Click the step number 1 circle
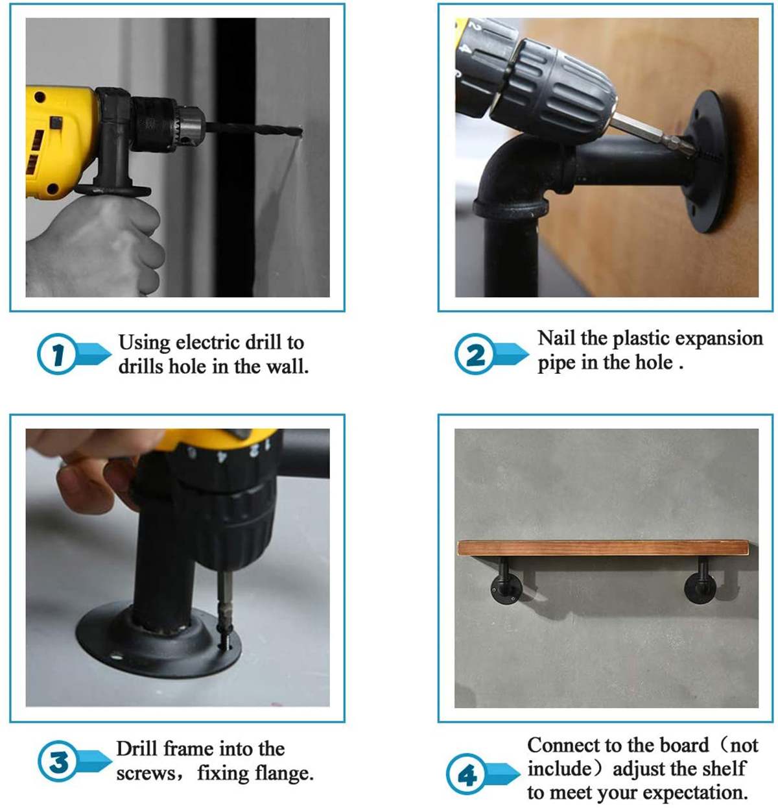click(57, 354)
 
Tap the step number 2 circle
click(475, 354)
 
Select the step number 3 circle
click(58, 761)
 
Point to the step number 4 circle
click(466, 774)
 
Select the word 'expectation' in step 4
click(696, 792)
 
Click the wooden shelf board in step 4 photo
click(604, 548)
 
